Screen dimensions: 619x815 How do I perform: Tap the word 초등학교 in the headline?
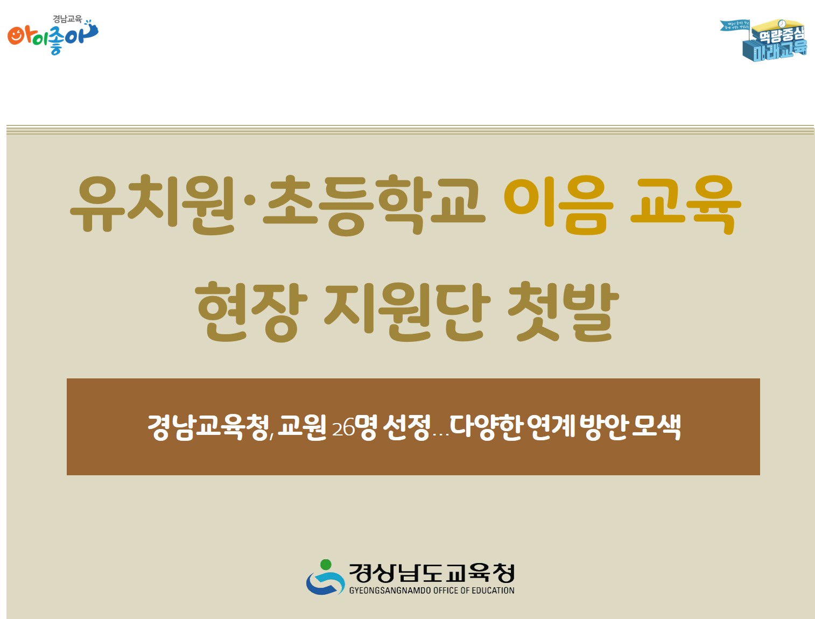tap(374, 205)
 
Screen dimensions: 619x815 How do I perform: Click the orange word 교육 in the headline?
tap(685, 205)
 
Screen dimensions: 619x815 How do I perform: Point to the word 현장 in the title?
tap(251, 311)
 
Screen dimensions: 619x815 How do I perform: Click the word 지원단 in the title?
tap(407, 311)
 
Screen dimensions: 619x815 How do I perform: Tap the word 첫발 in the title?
tap(563, 311)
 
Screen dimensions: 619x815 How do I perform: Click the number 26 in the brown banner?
tap(343, 429)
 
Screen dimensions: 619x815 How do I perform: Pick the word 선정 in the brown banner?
tap(407, 427)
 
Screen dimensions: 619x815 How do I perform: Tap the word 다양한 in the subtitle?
tap(486, 427)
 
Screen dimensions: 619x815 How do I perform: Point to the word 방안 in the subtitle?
tap(604, 427)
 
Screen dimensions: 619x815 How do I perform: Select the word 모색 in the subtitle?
tap(656, 427)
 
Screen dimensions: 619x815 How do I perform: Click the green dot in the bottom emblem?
tap(325, 565)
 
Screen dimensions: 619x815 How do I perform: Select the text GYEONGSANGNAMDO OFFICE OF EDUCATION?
tap(432, 590)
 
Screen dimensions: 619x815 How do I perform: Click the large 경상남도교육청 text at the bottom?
tap(432, 573)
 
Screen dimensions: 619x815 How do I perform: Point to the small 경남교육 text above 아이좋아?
tap(67, 19)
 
